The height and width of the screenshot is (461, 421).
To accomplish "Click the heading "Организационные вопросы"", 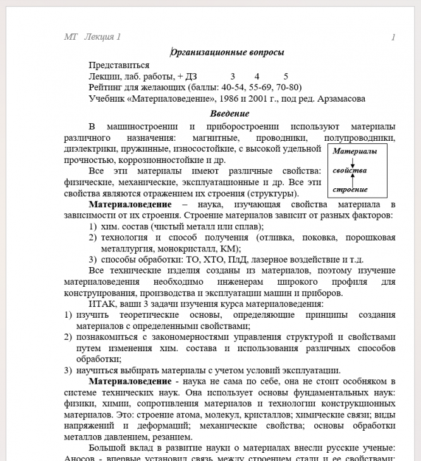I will pos(228,52).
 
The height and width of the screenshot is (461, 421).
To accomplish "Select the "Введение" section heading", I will pos(229,114).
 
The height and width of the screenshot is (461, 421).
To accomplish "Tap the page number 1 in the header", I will pos(393,37).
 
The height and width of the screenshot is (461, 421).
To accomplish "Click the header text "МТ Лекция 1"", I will pos(92,37).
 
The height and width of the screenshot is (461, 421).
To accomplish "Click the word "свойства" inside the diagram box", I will pos(350,171).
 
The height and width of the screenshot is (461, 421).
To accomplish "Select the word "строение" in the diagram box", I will pos(350,189).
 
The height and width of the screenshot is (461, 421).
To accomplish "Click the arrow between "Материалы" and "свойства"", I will pos(353,161).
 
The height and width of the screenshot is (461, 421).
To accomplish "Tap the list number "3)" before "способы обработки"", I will pos(92,260).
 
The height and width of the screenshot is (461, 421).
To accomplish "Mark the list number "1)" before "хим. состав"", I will pos(92,226).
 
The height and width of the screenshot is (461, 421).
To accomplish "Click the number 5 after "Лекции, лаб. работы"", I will pos(286,76).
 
